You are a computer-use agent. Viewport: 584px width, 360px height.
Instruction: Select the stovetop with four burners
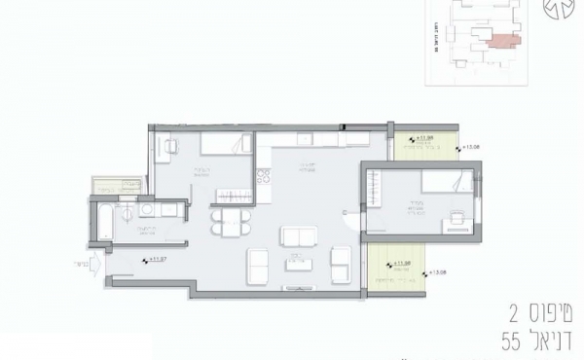point(262,180)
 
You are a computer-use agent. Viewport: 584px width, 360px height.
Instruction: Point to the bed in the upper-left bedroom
point(224,147)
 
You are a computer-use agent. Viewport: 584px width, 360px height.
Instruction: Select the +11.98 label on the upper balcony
point(424,140)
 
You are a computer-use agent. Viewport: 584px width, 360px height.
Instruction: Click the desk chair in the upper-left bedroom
point(171,147)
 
